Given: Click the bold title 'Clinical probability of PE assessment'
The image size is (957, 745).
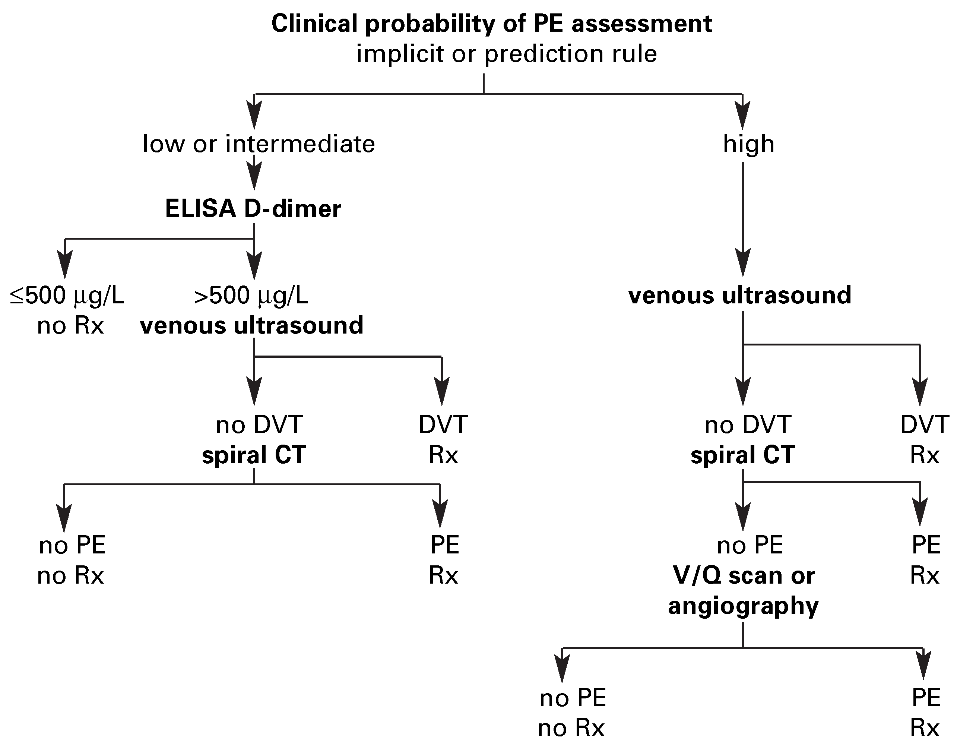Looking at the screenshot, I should (491, 24).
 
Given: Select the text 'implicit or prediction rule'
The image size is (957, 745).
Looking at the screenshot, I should (507, 54).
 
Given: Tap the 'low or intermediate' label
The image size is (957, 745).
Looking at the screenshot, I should (259, 144).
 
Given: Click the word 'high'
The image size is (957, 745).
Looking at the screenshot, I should (748, 144).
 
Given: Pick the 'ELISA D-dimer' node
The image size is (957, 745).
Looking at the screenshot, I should (253, 209).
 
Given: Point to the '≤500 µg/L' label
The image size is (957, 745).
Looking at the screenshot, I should (67, 296).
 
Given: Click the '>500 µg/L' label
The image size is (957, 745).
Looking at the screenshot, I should (251, 296).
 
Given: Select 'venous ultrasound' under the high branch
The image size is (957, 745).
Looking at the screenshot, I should (740, 295).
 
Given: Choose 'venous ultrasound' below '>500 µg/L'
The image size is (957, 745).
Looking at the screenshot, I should (251, 325).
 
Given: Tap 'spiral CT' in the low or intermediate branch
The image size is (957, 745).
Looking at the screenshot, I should (254, 455).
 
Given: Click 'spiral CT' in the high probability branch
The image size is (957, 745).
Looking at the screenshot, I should (742, 455).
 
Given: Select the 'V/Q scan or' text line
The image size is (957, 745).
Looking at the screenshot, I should (744, 575).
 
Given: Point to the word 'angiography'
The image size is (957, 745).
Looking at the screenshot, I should (743, 606).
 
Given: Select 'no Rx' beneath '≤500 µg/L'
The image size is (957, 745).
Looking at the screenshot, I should (70, 326).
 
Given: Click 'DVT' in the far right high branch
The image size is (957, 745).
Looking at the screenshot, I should (924, 424).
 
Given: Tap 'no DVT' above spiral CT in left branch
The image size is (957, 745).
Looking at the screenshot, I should (259, 424).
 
